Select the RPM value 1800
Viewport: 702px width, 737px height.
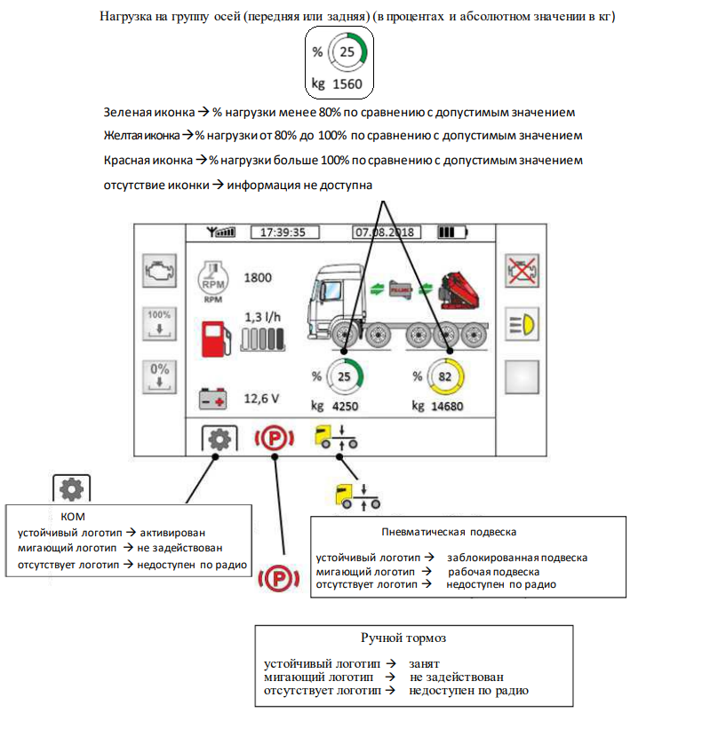click(x=258, y=277)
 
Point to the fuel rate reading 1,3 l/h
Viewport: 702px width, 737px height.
click(x=263, y=317)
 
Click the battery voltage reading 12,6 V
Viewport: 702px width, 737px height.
click(x=261, y=399)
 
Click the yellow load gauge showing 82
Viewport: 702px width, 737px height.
click(x=444, y=377)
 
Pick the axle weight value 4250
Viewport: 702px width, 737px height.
click(x=346, y=406)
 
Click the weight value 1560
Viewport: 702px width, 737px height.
click(x=347, y=84)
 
